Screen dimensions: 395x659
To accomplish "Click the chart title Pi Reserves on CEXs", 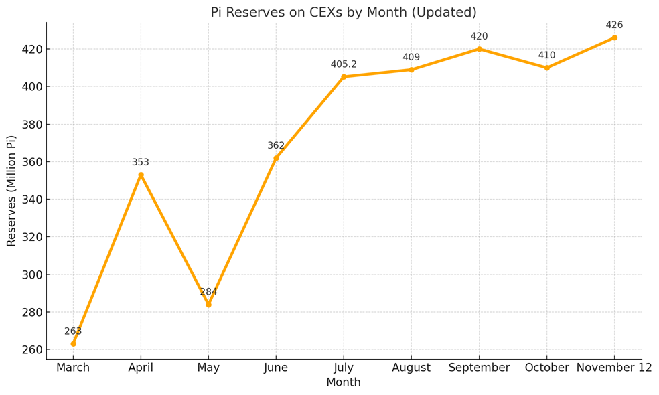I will click(343, 13).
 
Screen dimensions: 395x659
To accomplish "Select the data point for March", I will click(73, 343).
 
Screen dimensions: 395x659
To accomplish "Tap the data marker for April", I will click(141, 175).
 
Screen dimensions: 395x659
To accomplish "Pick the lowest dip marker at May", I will click(208, 305).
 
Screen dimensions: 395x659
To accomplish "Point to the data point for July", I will click(344, 77).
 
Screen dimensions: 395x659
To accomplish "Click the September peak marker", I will click(479, 49).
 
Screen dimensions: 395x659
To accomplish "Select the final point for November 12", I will click(614, 37).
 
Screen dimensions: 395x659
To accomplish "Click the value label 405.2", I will click(344, 64).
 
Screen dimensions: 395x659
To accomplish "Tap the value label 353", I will click(141, 162).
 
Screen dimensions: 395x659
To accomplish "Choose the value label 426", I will click(614, 25).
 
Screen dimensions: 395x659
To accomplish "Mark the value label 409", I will click(411, 58).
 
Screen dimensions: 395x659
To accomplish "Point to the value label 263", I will click(73, 331).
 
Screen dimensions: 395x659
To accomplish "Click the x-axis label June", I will click(276, 368).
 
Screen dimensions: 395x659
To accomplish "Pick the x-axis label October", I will click(546, 368).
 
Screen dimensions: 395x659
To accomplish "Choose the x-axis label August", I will click(411, 368).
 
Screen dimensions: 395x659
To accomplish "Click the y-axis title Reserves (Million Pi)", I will click(11, 191).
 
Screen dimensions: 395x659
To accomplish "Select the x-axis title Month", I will click(344, 382).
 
